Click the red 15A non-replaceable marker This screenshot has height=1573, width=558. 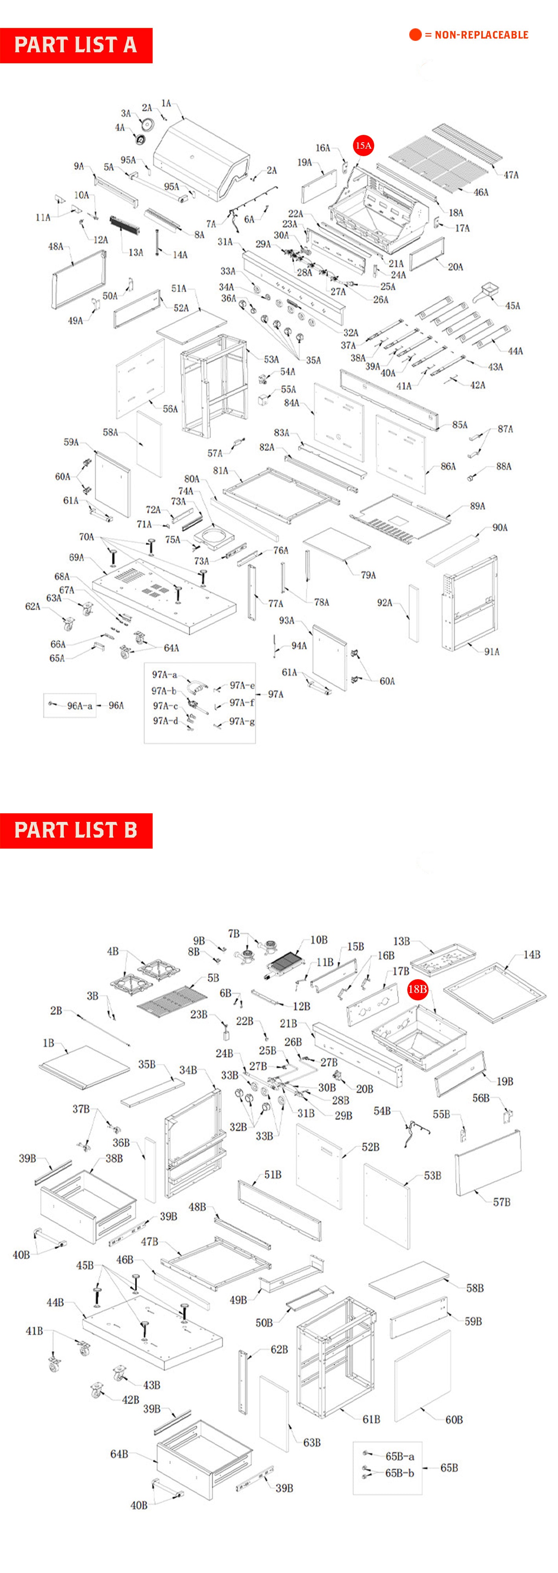click(x=363, y=146)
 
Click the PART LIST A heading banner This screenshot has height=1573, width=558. click(x=76, y=45)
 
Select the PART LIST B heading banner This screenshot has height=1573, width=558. click(x=76, y=831)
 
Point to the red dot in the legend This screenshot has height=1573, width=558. click(x=415, y=35)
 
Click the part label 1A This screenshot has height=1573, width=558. click(x=166, y=104)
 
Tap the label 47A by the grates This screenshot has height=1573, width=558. click(x=511, y=175)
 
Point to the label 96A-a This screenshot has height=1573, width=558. click(x=79, y=706)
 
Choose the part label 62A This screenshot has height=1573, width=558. click(x=32, y=606)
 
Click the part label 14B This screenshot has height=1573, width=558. click(x=531, y=954)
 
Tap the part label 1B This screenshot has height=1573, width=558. click(x=48, y=1043)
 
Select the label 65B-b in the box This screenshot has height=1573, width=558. click(x=399, y=1473)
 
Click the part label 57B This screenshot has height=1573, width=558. click(x=501, y=1202)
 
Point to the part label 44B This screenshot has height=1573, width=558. click(x=55, y=1302)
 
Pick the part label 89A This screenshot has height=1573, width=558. click(x=477, y=506)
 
